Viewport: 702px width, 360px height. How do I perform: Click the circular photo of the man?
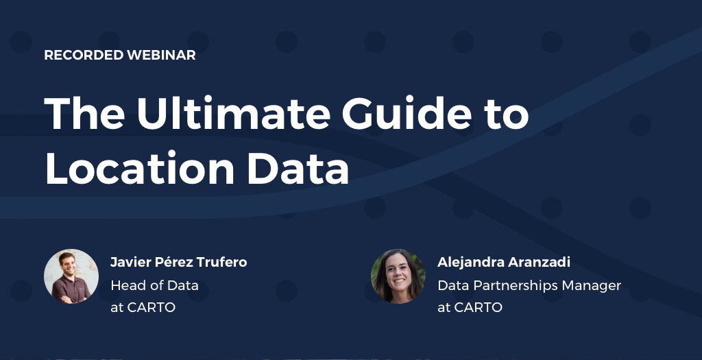pyautogui.click(x=71, y=276)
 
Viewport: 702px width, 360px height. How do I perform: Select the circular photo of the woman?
pyautogui.click(x=398, y=276)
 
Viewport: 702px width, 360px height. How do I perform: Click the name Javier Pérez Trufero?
pyautogui.click(x=178, y=263)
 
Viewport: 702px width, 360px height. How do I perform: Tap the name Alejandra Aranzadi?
pyautogui.click(x=504, y=263)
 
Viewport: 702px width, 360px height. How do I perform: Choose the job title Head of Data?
pyautogui.click(x=154, y=285)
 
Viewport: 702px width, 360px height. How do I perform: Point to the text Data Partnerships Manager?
pyautogui.click(x=529, y=285)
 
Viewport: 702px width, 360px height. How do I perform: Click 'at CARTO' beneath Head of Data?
pyautogui.click(x=143, y=307)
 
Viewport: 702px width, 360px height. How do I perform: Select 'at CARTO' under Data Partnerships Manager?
pyautogui.click(x=470, y=307)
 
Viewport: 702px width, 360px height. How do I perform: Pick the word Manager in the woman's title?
pyautogui.click(x=592, y=285)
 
